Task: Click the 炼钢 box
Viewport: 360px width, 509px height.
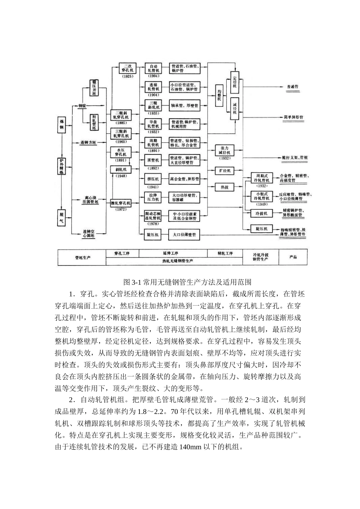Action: tap(61, 125)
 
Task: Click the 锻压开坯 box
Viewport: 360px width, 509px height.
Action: tap(94, 88)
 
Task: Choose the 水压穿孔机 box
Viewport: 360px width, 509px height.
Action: tap(121, 152)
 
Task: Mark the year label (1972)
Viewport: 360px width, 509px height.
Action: tap(121, 209)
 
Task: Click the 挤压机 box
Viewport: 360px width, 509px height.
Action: tap(153, 179)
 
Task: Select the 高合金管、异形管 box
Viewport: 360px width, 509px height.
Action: tap(184, 179)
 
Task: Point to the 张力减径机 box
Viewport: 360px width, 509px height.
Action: tap(224, 150)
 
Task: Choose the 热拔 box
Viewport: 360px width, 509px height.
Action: tap(224, 187)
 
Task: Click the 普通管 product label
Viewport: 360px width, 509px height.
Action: tap(291, 87)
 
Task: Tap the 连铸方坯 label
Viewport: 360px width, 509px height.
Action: tap(89, 143)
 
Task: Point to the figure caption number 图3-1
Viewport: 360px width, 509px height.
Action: tap(132, 283)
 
